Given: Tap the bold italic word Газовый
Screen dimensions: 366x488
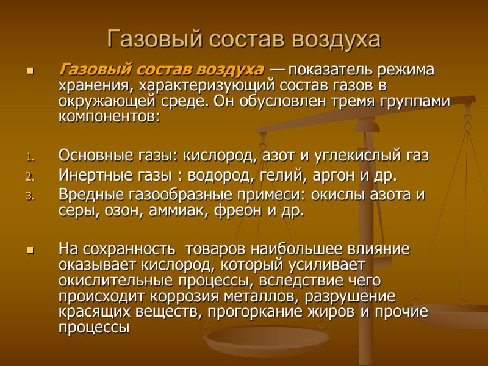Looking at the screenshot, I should coord(88,70).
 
